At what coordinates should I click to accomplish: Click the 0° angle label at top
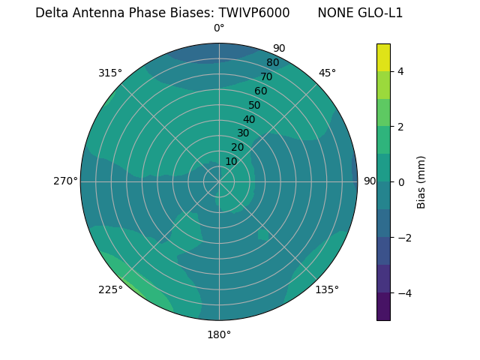tap(219, 28)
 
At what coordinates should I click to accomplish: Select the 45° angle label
tap(327, 73)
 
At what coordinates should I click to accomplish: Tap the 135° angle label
tap(327, 289)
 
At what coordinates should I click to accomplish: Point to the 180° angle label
tap(219, 334)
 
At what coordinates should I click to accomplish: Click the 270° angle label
tap(65, 181)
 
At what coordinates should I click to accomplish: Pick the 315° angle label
tap(110, 73)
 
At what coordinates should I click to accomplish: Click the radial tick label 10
tap(231, 161)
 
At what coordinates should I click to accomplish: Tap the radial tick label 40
tap(249, 119)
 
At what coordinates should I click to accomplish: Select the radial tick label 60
tap(261, 91)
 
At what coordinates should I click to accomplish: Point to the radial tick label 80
tap(273, 63)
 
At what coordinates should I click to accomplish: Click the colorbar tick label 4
tap(400, 71)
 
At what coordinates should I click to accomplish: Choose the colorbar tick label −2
tap(403, 238)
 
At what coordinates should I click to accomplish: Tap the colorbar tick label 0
tap(400, 182)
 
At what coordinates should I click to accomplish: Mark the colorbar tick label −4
tap(403, 293)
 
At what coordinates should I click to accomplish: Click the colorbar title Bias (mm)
tap(421, 182)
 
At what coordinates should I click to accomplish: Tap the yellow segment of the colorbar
tap(383, 57)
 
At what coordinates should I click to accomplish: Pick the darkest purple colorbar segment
tap(383, 307)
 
